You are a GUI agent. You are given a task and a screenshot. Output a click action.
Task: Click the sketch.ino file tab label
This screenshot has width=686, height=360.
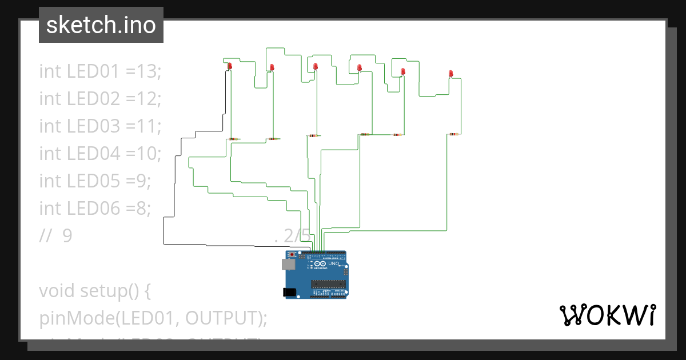pos(101,25)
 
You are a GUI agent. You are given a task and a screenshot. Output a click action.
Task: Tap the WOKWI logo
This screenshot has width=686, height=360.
pos(607,315)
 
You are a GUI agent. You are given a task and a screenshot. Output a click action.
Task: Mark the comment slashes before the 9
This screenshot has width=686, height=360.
pos(45,235)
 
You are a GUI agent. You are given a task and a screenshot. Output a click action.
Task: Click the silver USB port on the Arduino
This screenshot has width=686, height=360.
pos(288,264)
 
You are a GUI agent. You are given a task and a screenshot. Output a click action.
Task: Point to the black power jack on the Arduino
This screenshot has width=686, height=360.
pos(290,292)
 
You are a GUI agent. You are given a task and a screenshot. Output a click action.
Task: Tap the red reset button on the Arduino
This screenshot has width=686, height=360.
pos(293,254)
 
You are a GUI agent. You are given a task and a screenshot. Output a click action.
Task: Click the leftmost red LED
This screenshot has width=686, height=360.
pos(230,67)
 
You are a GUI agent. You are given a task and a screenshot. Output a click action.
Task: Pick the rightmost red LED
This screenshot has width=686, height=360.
pos(450,74)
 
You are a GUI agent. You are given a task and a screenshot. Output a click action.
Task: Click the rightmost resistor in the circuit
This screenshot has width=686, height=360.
pos(453,135)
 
